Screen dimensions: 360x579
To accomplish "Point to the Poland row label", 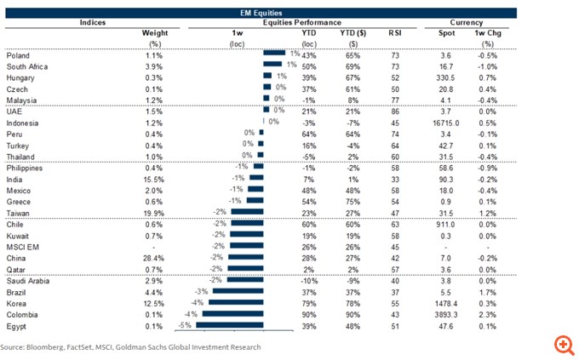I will (19, 54).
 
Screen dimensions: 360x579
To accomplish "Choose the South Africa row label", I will (28, 65).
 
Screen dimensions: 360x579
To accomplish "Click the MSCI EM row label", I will (25, 244).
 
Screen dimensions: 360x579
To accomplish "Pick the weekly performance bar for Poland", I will (274, 54).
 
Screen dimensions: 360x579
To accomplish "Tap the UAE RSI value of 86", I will (394, 111).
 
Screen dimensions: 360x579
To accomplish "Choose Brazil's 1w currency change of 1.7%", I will (488, 289).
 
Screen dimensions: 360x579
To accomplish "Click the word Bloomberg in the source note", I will (48, 347).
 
